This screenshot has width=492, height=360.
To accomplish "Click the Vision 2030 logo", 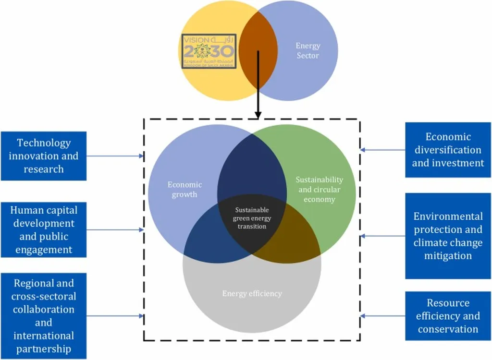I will (209, 50).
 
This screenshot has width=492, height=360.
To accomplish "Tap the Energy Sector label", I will (307, 50).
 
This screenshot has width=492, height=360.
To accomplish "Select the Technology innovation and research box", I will (43, 156).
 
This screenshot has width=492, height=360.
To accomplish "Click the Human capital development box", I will (43, 230).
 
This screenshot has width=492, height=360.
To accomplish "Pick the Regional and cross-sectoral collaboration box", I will (43, 316).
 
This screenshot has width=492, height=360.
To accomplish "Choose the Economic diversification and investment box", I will (448, 150).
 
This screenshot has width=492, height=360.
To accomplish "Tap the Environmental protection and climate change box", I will (448, 236).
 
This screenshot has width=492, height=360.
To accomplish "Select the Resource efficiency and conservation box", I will (448, 316).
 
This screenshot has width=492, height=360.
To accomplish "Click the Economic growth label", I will (184, 190).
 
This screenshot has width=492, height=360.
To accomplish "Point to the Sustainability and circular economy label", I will (319, 189).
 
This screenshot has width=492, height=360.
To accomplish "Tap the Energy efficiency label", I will (252, 293).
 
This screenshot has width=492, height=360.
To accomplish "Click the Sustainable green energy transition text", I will (252, 218).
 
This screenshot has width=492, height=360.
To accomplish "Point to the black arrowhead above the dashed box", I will (258, 115).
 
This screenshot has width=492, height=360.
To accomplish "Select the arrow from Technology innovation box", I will (115, 156).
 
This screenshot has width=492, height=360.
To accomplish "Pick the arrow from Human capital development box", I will (115, 230).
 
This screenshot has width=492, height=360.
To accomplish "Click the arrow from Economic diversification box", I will (383, 150).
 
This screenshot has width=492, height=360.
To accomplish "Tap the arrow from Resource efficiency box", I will (383, 316).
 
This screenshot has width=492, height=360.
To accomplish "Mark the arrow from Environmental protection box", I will (383, 236).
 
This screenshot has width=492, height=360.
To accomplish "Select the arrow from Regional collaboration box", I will (115, 316).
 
